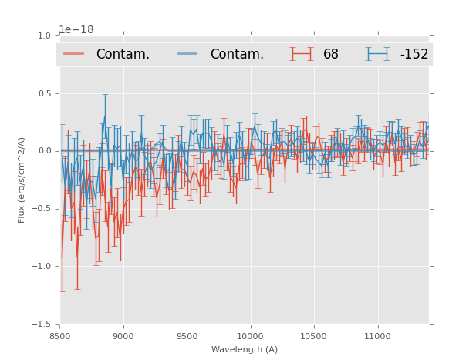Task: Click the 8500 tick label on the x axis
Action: (x=60, y=336)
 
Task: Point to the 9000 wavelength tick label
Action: (x=123, y=336)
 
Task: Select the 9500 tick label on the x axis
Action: (x=187, y=336)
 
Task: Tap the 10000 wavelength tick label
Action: (x=250, y=336)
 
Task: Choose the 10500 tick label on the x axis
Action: (x=314, y=336)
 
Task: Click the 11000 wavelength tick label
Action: (x=377, y=336)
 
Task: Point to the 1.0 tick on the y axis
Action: (x=43, y=35)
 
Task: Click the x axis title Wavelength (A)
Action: (x=245, y=349)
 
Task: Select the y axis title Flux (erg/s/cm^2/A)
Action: (x=22, y=180)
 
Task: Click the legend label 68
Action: (x=330, y=54)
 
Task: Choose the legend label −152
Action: (x=414, y=54)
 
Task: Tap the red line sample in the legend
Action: (x=74, y=54)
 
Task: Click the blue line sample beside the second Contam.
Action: (x=188, y=54)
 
